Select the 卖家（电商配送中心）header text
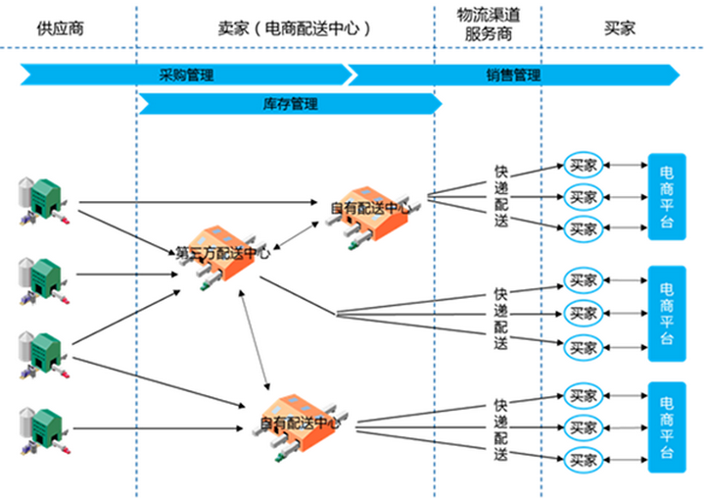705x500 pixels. point(284,27)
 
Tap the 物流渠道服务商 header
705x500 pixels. point(487,27)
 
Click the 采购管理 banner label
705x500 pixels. point(186,75)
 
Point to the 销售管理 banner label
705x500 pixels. point(513,75)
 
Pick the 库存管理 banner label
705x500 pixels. point(291,102)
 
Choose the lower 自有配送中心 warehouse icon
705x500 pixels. point(300,425)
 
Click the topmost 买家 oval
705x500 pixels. point(585,165)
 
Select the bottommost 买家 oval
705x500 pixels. point(585,458)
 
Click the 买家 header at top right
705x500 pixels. point(620,27)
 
